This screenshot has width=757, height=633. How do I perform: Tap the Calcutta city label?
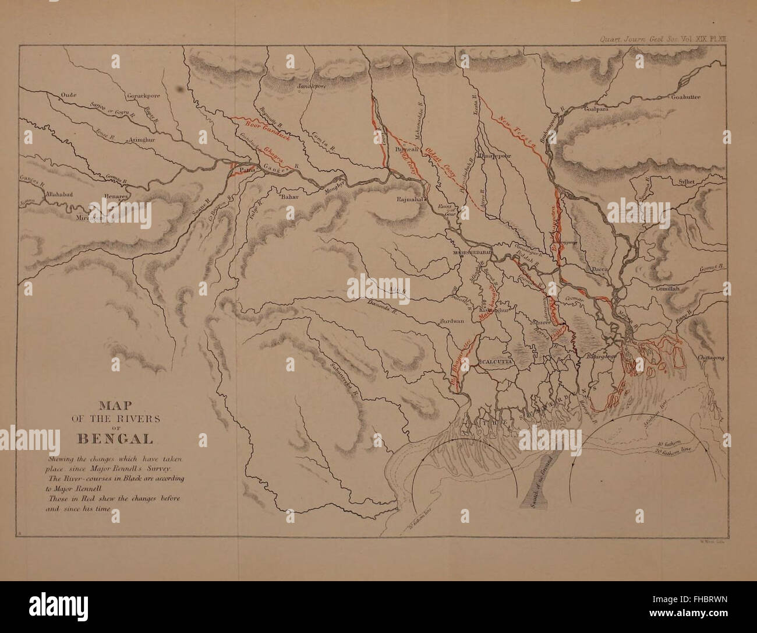494,361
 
